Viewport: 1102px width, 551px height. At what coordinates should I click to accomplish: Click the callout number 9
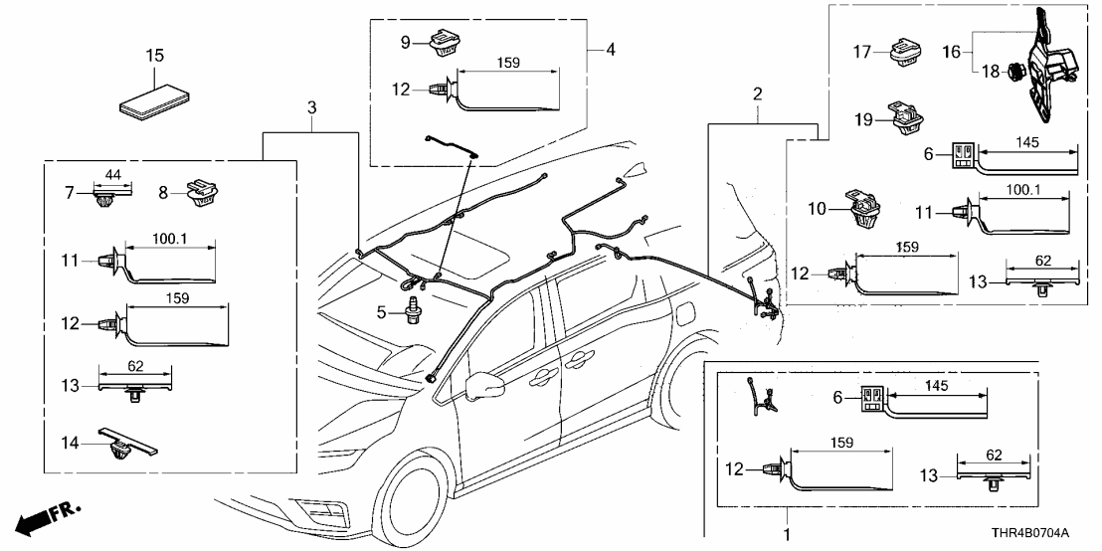pos(405,42)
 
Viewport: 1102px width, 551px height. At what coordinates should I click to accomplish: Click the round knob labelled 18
pos(1015,73)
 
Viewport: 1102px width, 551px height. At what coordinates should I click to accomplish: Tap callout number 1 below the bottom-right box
pos(788,534)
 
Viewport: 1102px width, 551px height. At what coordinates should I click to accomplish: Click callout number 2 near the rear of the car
pos(758,94)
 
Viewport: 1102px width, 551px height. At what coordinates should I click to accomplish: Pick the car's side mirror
pos(484,383)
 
